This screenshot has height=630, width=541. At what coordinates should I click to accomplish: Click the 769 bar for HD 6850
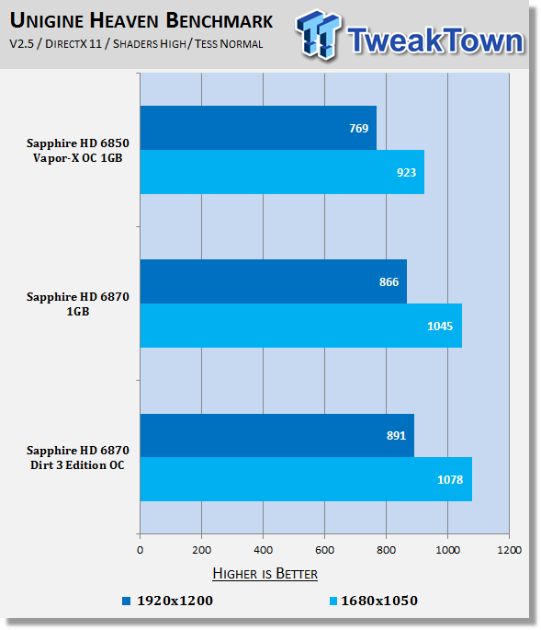pos(258,128)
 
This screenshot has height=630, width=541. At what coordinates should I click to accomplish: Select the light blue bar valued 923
pos(282,172)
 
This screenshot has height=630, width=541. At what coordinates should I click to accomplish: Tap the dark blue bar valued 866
pos(274,281)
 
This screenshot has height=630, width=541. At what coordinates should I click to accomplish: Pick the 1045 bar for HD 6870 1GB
pos(301,326)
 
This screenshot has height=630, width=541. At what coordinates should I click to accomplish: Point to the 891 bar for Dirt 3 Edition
pos(276,435)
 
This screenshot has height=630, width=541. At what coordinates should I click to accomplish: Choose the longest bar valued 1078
pos(306,479)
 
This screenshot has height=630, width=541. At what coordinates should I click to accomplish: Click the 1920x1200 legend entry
pos(167,601)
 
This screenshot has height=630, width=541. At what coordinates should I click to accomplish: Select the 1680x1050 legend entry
pos(373,601)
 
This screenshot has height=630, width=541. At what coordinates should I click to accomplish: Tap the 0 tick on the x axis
pos(140,550)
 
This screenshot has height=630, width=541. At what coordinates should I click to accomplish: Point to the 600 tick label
pos(324,550)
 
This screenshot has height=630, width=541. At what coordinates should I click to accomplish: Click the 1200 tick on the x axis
pos(509,550)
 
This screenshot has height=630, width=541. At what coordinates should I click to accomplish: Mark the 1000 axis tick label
pos(447,550)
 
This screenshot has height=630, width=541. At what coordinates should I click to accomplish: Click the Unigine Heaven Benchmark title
pos(141,20)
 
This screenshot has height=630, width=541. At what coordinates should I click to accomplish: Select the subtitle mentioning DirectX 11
pos(136,44)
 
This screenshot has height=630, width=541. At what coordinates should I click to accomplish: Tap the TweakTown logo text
pos(435,40)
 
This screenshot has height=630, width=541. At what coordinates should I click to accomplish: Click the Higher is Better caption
pos(265,573)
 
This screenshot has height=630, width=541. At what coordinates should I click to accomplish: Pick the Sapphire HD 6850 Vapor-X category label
pos(78,150)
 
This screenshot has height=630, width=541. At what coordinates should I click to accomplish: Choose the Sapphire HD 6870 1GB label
pos(78,304)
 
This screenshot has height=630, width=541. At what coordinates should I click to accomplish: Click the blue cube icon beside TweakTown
pos(319,34)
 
